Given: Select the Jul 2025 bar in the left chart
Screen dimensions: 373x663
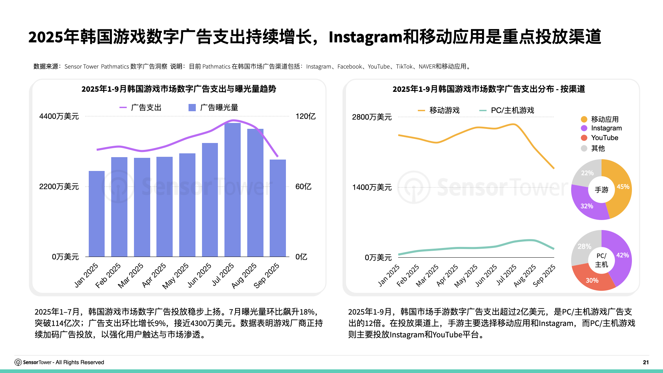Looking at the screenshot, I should coord(232,190).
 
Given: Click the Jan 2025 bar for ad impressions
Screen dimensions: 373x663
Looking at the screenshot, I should coord(97,214).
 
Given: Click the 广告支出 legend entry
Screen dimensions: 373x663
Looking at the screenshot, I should coord(141,108).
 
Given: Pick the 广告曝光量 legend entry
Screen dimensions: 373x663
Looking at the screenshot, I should coord(213,108).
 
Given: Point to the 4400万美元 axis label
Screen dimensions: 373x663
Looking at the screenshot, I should coord(59,116).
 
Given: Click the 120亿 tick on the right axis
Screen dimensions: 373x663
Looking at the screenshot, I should coord(305,116).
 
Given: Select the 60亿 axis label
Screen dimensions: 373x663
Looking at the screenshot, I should coord(303,187).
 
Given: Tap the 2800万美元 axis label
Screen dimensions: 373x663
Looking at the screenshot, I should coord(372,117).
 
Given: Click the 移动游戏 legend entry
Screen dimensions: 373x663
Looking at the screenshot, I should coord(439,111).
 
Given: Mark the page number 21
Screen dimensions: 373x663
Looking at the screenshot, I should coord(646,362).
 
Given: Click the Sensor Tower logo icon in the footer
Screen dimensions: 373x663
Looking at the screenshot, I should coord(18,362).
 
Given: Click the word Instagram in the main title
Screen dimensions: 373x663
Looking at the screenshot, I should coord(365,37).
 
